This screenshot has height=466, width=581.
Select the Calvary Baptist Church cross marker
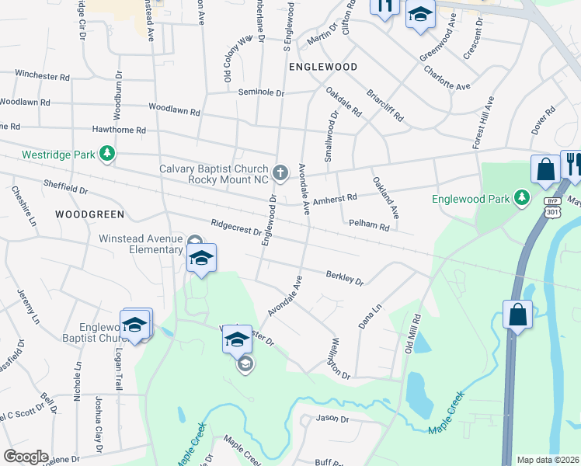(x=281, y=171)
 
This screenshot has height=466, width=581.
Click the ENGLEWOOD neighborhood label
(x=323, y=67)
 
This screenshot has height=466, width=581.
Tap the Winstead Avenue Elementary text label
(x=140, y=244)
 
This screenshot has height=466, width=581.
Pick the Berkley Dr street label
(x=345, y=278)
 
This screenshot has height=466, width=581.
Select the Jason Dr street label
(x=333, y=419)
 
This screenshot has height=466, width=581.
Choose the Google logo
(x=26, y=457)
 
